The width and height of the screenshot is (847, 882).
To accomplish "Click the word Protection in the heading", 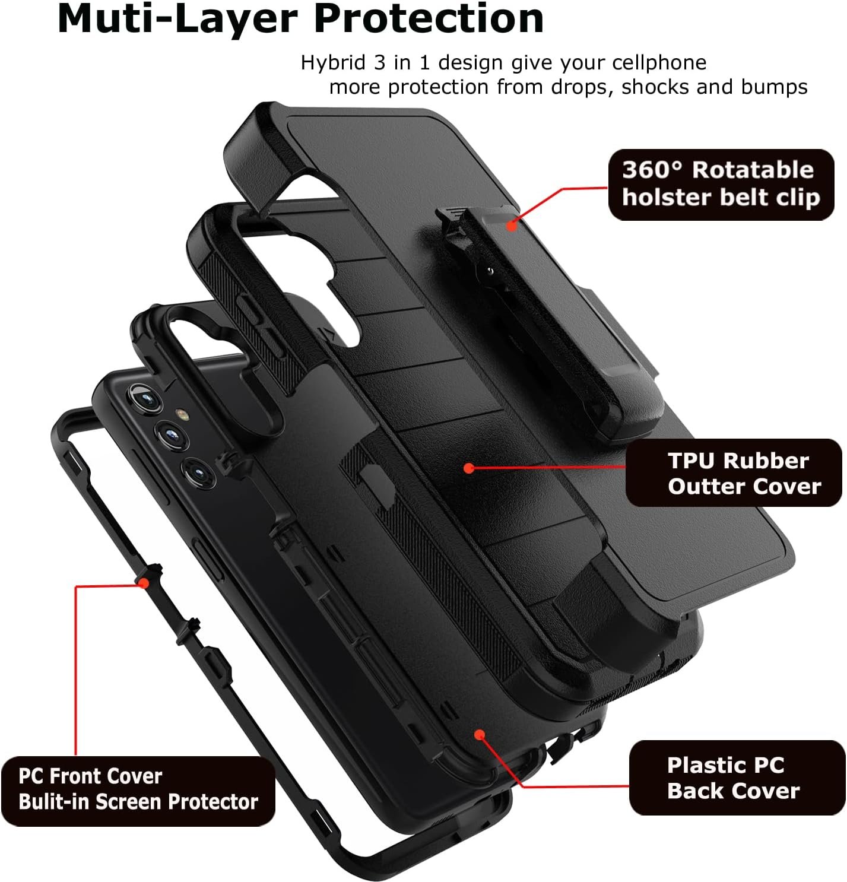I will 429,19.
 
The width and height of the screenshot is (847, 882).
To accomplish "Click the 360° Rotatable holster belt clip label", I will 721,185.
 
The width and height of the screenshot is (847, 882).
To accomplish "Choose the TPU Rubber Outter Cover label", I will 734,473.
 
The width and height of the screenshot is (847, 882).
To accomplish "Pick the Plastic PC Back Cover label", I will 736,778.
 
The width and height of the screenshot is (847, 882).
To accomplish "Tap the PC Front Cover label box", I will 138,790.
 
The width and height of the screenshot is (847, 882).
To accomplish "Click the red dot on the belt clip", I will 512,225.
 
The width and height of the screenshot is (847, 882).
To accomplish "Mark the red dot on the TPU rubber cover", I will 469,468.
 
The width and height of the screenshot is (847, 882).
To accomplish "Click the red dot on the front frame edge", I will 143,583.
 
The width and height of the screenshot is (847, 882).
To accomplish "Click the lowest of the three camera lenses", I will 198,472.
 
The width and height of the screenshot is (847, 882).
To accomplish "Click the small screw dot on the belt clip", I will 490,271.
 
